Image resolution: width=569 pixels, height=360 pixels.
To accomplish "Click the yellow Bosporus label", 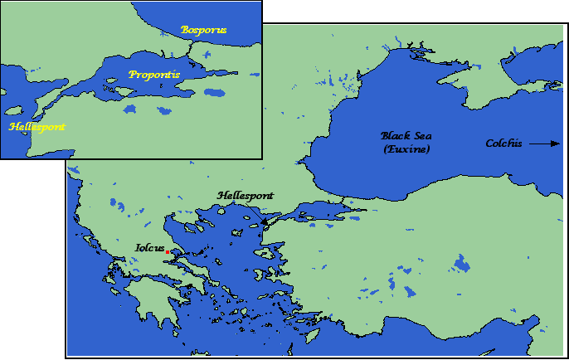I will tap(203, 30).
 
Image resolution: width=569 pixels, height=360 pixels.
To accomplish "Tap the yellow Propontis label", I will tap(154, 75).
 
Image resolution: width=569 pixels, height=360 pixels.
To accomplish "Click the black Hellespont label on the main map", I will tap(245, 196).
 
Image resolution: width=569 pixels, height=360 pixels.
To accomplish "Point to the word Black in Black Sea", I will tap(395, 135).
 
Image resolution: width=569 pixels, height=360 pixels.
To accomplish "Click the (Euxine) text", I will tap(406, 148).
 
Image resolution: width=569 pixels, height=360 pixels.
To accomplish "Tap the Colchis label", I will tap(503, 144).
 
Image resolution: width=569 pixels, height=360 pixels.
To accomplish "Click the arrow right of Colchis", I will tap(544, 144).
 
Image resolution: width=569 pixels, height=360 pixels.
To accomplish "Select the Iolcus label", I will tap(149, 247).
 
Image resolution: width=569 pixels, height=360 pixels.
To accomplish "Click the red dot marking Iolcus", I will tap(168, 251).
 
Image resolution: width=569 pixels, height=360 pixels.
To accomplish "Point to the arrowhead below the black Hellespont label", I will tap(264, 221).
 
